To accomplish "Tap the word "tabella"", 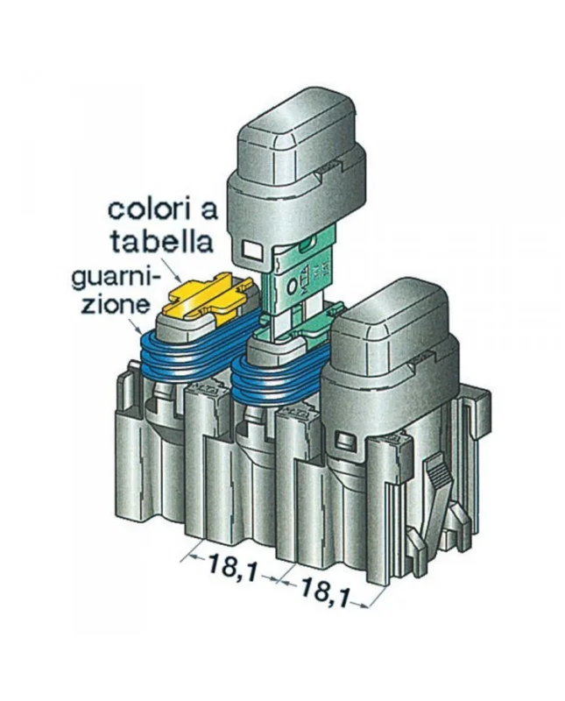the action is (x=161, y=242).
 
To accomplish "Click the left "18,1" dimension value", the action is (x=233, y=568).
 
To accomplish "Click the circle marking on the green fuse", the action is (x=293, y=287).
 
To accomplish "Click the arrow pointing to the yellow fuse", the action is (x=172, y=267).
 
